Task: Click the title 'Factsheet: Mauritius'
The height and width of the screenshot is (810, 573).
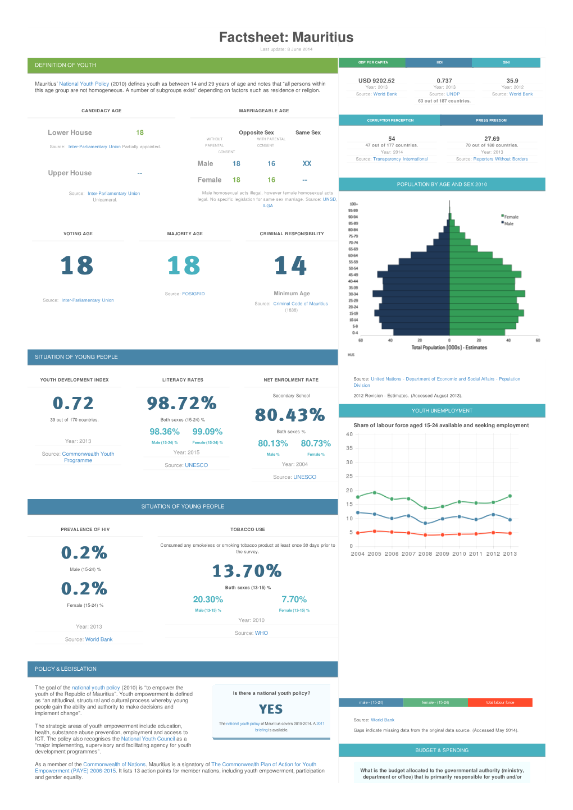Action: pos(286,38)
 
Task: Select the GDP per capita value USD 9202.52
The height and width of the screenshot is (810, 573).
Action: pos(376,81)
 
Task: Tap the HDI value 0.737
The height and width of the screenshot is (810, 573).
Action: pos(444,81)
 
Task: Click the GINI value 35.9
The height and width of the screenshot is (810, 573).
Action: pos(512,81)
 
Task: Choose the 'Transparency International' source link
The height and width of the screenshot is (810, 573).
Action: pos(400,159)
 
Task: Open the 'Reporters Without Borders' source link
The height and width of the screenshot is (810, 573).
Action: pos(500,159)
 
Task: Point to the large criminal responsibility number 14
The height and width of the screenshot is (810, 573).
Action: pos(290,266)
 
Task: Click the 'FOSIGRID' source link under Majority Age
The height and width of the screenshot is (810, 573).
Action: pos(193,294)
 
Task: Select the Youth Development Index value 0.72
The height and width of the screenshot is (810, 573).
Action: pos(73,403)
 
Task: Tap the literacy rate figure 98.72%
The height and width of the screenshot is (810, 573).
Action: pos(181,403)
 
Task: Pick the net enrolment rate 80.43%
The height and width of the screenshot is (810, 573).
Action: pos(290,415)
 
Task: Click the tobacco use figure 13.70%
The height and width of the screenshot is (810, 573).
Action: pos(247,571)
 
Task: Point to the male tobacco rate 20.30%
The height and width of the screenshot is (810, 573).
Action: pos(208,600)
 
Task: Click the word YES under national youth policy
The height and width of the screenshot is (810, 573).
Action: pos(271,710)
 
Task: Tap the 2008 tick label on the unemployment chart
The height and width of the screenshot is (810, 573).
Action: pos(425,554)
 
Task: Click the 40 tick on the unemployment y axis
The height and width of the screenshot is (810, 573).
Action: pos(349,434)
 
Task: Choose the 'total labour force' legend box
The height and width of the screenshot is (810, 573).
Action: pos(500,703)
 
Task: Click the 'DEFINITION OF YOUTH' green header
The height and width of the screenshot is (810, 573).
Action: pos(66,65)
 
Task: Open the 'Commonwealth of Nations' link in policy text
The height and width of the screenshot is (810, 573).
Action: pos(114,765)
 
